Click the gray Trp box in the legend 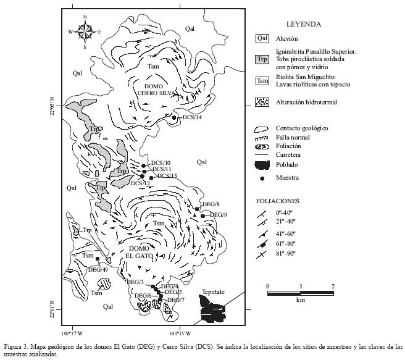click(x=262, y=59)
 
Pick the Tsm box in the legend click(x=262, y=80)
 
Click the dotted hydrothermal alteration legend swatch click(x=262, y=102)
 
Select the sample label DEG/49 click(x=99, y=269)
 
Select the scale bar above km click(x=300, y=293)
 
